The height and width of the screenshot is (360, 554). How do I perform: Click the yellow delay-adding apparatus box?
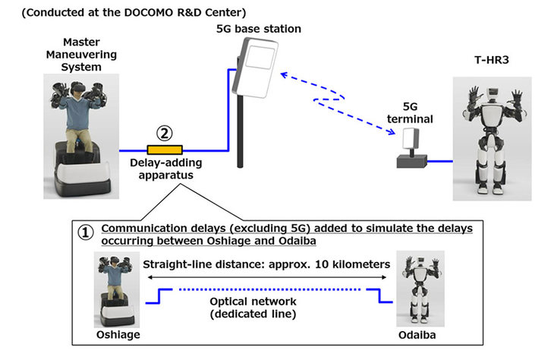(165, 150)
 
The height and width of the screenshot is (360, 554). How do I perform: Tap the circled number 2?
(165, 134)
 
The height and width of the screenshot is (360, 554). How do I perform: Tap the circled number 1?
(86, 232)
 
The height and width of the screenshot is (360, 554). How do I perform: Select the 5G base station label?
(259, 29)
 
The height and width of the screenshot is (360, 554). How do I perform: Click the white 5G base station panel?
(255, 68)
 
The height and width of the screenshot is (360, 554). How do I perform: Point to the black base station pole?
(241, 131)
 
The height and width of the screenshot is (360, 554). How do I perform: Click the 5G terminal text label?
(410, 112)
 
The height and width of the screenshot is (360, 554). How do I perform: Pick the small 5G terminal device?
(411, 148)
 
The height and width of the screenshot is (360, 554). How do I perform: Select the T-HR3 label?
(492, 60)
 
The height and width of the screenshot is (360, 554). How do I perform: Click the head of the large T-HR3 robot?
(493, 93)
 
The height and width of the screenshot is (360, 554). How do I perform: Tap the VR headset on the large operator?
(77, 87)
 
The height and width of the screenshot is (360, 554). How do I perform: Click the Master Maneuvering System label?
(81, 55)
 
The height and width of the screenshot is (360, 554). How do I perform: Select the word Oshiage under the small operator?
(118, 334)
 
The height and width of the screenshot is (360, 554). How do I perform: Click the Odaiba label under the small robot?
(417, 335)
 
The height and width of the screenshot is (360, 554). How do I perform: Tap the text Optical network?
(253, 302)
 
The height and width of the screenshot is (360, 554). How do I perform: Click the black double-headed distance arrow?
(266, 277)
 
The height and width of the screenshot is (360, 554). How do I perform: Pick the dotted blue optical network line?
(269, 289)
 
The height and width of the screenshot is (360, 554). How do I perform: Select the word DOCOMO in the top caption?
(149, 12)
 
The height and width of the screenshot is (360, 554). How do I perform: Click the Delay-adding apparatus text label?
(166, 169)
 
